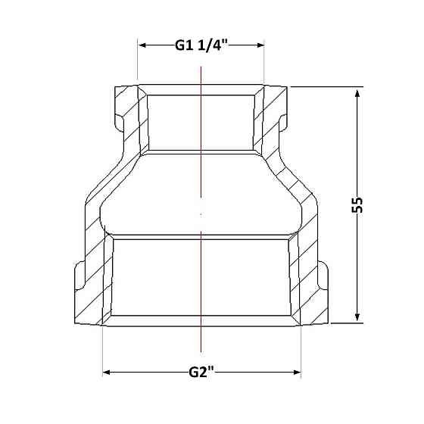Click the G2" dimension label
201,373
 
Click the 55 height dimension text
357,205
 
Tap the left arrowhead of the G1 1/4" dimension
142,45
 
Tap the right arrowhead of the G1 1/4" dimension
260,45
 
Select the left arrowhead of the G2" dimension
107,373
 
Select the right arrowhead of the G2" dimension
297,373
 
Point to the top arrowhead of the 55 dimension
357,93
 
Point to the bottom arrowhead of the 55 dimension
357,317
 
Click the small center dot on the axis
201,214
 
